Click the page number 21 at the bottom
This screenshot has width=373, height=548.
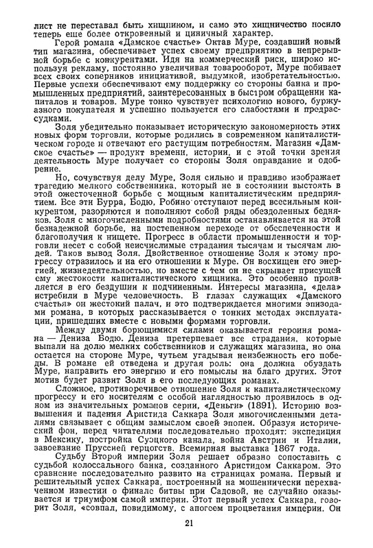[x=188, y=525]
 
